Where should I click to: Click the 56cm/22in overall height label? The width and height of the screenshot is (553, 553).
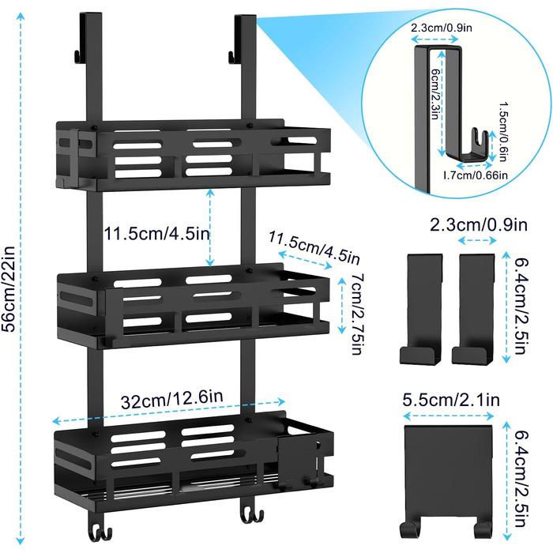click(9, 288)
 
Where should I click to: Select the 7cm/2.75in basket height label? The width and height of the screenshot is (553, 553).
click(357, 313)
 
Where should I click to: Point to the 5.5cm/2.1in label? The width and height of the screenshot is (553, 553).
click(451, 400)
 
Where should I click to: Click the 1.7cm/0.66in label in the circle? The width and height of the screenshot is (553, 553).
click(475, 175)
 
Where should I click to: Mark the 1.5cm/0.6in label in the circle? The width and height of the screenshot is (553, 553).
click(504, 132)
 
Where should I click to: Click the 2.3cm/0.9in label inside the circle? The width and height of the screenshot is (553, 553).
click(441, 28)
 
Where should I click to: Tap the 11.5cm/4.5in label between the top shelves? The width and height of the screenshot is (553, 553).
click(156, 234)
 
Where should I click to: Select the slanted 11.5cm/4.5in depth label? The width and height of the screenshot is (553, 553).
click(314, 248)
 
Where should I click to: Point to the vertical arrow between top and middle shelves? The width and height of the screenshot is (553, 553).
click(210, 228)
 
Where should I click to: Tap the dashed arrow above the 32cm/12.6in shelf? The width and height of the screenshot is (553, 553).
click(168, 412)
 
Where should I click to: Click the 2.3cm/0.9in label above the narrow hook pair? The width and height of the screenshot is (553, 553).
click(479, 224)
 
